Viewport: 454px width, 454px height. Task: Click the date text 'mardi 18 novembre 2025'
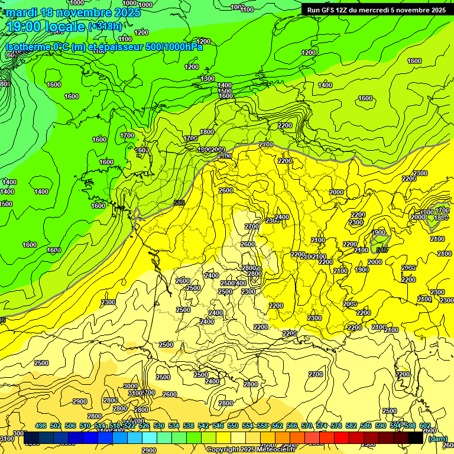pyautogui.click(x=73, y=12)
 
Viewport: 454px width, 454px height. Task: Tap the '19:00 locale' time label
pyautogui.click(x=46, y=27)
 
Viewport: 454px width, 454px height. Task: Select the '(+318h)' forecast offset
pyautogui.click(x=105, y=27)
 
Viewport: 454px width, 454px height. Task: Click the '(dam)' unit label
pyautogui.click(x=437, y=439)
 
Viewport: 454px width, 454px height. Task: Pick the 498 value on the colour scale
pyautogui.click(x=41, y=426)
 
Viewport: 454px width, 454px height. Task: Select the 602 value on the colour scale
pyautogui.click(x=424, y=426)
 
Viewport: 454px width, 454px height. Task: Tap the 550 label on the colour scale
pyautogui.click(x=233, y=426)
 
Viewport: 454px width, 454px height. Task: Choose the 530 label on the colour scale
pyautogui.click(x=159, y=426)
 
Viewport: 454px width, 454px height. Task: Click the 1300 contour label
pyautogui.click(x=207, y=79)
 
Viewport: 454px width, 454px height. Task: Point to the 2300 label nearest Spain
pyautogui.click(x=108, y=302)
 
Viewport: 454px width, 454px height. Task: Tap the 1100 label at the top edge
pyautogui.click(x=247, y=9)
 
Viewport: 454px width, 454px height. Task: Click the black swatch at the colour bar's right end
pyautogui.click(x=416, y=438)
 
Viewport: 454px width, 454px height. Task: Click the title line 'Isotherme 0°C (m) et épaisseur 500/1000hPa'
pyautogui.click(x=104, y=47)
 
